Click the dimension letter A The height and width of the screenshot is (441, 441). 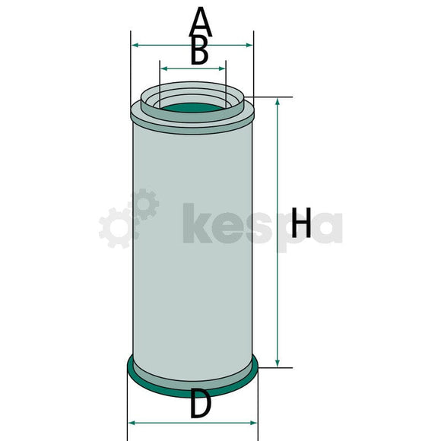tap(200, 21)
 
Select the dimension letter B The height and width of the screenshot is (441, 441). tap(198, 52)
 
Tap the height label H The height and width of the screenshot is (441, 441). tap(302, 225)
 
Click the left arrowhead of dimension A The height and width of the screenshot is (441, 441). tap(135, 46)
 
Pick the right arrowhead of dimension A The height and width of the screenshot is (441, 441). tap(250, 46)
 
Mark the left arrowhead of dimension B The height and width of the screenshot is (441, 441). tap(164, 68)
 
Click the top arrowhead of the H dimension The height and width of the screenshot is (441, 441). tap(278, 102)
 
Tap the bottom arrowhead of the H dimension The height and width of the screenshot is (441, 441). tap(278, 363)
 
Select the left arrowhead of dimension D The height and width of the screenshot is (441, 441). tap(130, 421)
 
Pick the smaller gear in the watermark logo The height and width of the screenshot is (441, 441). tap(141, 205)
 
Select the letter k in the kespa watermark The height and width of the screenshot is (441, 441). tap(197, 225)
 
